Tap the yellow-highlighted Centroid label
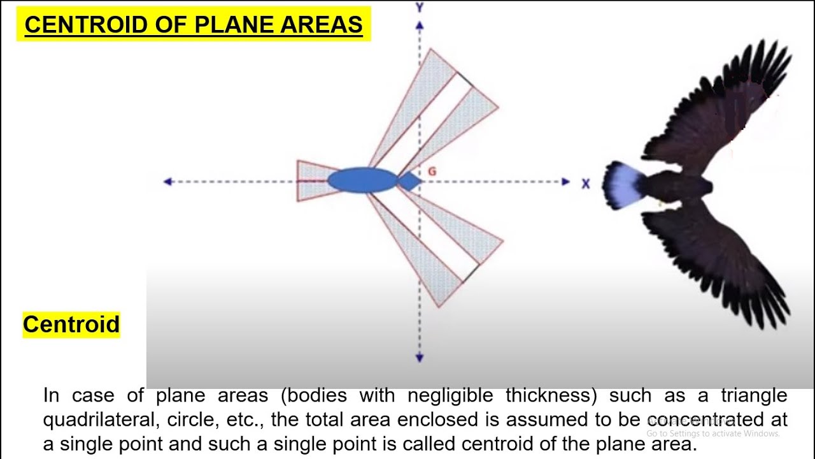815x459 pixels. click(x=71, y=324)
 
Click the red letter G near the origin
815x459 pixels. click(x=432, y=171)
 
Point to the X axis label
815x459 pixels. click(x=586, y=184)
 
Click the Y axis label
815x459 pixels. click(x=420, y=8)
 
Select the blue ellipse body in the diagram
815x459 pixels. click(x=362, y=180)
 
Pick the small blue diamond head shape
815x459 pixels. click(x=409, y=182)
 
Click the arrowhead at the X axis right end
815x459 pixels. click(x=565, y=182)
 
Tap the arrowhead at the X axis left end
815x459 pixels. click(x=168, y=182)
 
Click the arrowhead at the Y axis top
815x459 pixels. click(x=420, y=25)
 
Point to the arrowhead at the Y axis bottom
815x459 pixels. click(x=420, y=358)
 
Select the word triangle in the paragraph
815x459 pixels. click(x=754, y=396)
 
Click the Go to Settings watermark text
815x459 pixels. click(x=713, y=433)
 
